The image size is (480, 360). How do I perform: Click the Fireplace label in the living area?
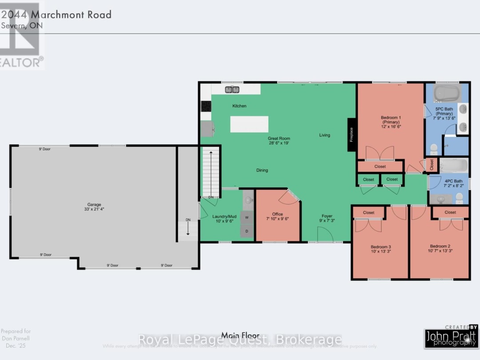point(352,135)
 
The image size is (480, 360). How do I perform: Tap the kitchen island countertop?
point(249,124)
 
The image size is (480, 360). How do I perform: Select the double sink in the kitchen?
point(232,89)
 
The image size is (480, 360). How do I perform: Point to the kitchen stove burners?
point(206,106)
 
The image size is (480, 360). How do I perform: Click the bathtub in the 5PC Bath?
point(446,94)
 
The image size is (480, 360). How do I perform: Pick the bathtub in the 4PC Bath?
point(453,166)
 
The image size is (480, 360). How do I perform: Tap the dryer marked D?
point(247,231)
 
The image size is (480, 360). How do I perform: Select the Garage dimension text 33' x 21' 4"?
point(93,208)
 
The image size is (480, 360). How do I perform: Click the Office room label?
point(277,214)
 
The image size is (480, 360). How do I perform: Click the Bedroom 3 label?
point(380,247)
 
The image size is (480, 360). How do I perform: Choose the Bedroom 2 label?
point(440,246)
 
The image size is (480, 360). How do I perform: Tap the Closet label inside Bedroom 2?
point(450,212)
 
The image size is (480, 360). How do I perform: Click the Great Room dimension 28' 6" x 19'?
point(279,143)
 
